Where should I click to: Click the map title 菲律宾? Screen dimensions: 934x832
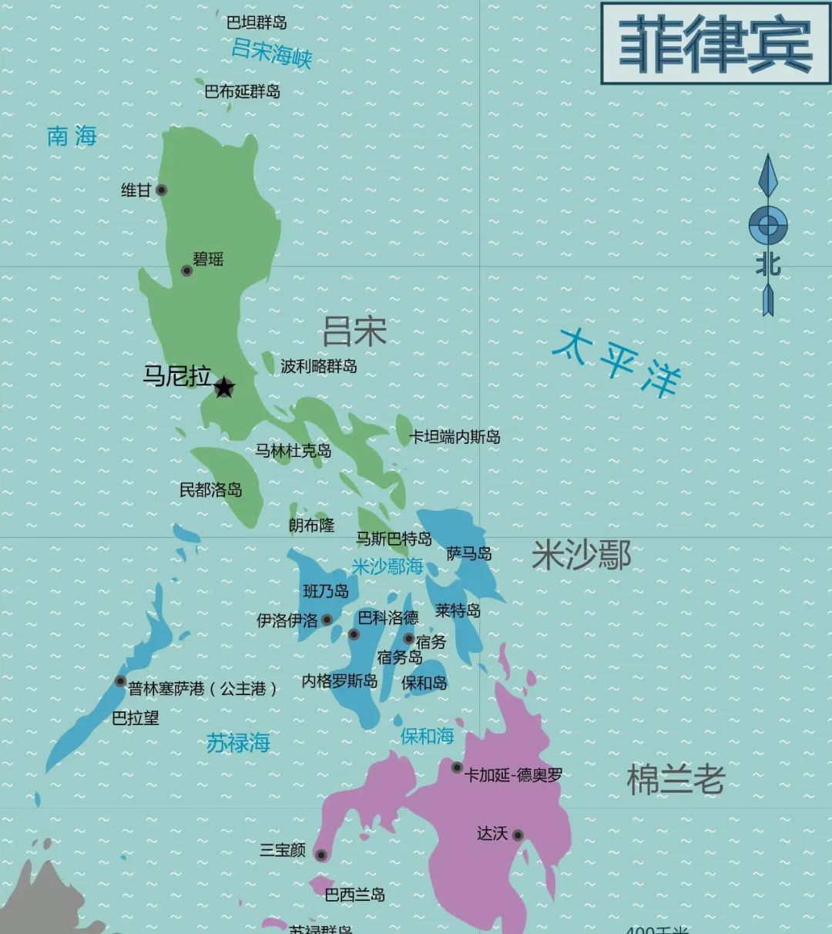pyautogui.click(x=716, y=44)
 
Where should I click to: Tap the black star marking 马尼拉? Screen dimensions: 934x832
pyautogui.click(x=224, y=387)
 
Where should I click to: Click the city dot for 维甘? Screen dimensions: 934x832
pyautogui.click(x=161, y=190)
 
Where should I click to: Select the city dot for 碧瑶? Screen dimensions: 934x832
pyautogui.click(x=186, y=270)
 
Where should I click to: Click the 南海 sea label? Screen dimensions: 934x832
pyautogui.click(x=72, y=136)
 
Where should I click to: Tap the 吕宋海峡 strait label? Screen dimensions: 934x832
pyautogui.click(x=271, y=52)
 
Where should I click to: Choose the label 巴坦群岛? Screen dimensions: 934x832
pyautogui.click(x=257, y=22)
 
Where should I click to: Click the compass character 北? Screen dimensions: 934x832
pyautogui.click(x=767, y=265)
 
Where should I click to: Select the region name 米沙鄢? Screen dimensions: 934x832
pyautogui.click(x=582, y=555)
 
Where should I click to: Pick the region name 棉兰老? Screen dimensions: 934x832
pyautogui.click(x=676, y=780)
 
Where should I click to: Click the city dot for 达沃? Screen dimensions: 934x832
pyautogui.click(x=518, y=835)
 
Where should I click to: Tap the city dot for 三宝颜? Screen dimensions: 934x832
pyautogui.click(x=321, y=855)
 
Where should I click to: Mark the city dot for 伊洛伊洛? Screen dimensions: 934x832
pyautogui.click(x=327, y=620)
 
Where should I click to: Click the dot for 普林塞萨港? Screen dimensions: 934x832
pyautogui.click(x=120, y=681)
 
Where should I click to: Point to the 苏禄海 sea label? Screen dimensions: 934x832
pyautogui.click(x=238, y=743)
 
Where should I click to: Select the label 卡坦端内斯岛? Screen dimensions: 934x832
pyautogui.click(x=455, y=437)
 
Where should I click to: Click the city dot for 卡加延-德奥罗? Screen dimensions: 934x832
pyautogui.click(x=457, y=768)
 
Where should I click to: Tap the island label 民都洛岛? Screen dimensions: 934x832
pyautogui.click(x=210, y=489)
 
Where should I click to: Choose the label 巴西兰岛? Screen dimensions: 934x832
pyautogui.click(x=354, y=895)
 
